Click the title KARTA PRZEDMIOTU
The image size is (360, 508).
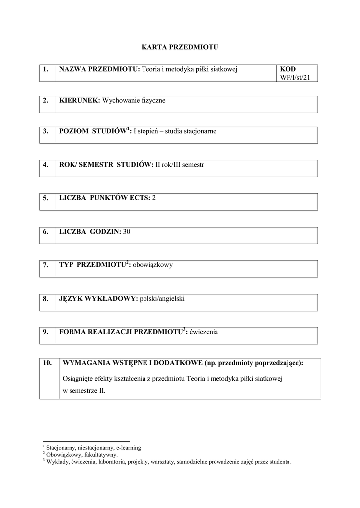coord(180,47)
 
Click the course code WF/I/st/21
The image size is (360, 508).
coord(298,77)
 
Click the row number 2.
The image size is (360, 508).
coord(46,100)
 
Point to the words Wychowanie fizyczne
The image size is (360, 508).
coord(134,100)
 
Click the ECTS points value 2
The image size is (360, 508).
coord(154,198)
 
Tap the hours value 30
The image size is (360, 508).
coord(127,231)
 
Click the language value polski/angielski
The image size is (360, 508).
coord(162,298)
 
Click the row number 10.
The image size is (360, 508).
coord(48,363)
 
